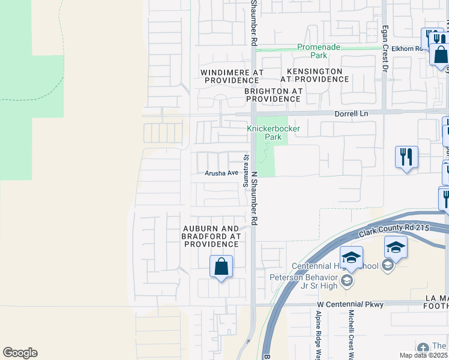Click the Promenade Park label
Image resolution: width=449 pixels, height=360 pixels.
pos(312,51)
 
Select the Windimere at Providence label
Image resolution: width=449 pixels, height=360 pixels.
pos(232,76)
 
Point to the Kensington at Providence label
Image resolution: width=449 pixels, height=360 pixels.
pos(311,75)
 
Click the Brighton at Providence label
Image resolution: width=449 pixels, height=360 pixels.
pos(273,95)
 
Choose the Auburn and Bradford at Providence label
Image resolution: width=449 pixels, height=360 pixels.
pos(211,236)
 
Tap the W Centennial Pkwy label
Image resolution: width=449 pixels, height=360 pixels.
pos(350,305)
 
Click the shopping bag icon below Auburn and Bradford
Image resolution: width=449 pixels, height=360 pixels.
pos(221,266)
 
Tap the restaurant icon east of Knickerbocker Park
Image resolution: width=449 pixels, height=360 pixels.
pos(406,157)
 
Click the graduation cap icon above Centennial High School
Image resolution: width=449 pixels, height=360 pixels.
pos(351,257)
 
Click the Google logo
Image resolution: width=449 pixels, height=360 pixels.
pos(20,353)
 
